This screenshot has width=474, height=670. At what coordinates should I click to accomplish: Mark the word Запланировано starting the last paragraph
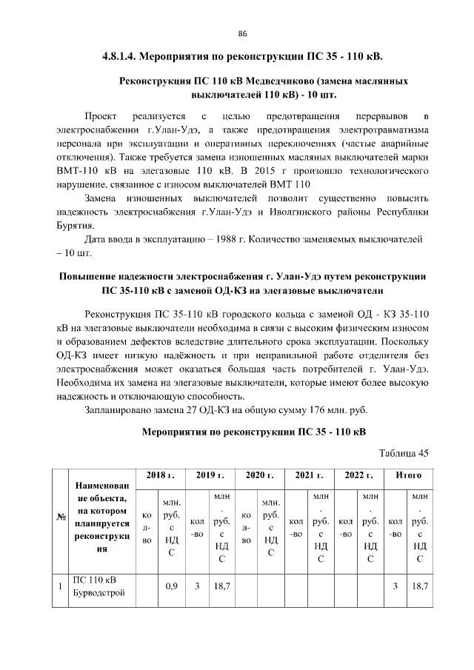click(121, 409)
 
